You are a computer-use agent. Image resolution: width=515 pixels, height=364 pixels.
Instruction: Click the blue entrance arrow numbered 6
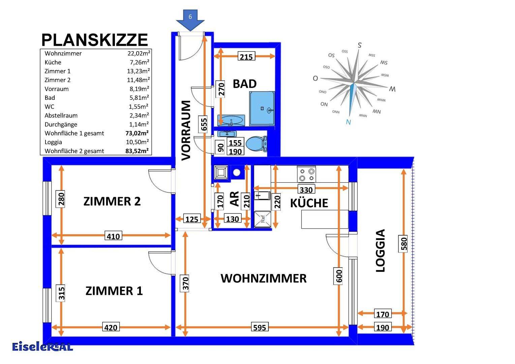(190, 19)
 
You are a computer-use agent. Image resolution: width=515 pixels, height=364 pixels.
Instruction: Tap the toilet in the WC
(255, 144)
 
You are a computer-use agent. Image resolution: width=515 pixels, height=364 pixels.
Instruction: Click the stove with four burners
(306, 174)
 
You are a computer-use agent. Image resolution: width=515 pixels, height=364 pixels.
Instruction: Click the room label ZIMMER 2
(112, 202)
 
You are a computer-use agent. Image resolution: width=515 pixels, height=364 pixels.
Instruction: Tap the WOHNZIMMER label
(264, 278)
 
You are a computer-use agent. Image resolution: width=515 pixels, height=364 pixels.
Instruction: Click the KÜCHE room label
(309, 203)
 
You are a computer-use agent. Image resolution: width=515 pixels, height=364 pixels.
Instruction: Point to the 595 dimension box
(260, 327)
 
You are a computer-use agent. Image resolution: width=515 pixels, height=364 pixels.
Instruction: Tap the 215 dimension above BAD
(246, 57)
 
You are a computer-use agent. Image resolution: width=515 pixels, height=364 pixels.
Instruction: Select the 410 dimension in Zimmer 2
(113, 236)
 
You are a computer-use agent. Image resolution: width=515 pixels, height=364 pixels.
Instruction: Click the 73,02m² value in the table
(137, 133)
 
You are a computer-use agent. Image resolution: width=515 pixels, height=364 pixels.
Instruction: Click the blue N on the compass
(349, 122)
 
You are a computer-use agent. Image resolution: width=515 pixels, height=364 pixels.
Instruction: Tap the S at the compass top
(360, 45)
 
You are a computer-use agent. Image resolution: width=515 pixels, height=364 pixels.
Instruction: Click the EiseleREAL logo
(42, 346)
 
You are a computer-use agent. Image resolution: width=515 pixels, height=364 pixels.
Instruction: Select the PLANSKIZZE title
(95, 40)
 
